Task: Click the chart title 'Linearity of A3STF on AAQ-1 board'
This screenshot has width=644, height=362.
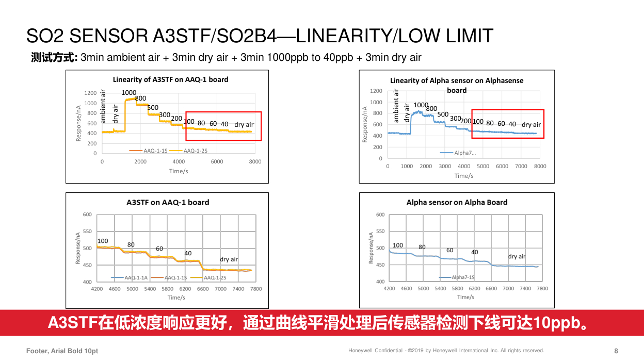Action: click(x=170, y=79)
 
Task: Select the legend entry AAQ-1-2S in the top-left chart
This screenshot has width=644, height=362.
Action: click(x=195, y=151)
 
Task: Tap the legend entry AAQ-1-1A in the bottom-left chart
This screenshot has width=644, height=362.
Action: click(x=136, y=277)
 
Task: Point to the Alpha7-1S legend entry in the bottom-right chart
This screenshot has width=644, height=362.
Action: click(x=462, y=277)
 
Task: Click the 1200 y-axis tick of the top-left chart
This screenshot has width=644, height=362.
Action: click(x=90, y=93)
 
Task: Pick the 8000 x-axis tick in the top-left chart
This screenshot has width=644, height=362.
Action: click(x=255, y=161)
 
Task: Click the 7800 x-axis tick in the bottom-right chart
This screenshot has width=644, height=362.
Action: click(x=542, y=288)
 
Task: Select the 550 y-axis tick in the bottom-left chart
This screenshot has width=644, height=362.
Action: click(x=87, y=232)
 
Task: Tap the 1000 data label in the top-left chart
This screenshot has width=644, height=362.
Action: click(x=129, y=92)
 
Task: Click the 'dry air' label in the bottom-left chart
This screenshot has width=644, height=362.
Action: click(x=229, y=259)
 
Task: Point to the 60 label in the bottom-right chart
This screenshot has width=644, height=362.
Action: click(x=450, y=250)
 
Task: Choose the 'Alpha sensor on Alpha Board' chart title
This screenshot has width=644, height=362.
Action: click(x=457, y=202)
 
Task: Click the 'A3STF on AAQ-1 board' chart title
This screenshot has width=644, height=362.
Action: click(x=168, y=202)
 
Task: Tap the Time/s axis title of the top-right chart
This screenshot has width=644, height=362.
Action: click(x=464, y=175)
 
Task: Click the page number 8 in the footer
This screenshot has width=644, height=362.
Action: click(x=616, y=351)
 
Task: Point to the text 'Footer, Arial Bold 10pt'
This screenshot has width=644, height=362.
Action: click(x=62, y=351)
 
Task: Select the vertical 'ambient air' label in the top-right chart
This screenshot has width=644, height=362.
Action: click(x=396, y=106)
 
